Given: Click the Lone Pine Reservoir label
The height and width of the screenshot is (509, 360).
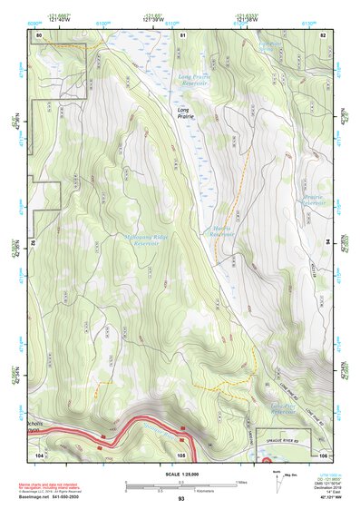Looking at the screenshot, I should pyautogui.click(x=284, y=409).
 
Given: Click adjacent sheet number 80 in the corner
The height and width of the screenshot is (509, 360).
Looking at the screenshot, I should pyautogui.click(x=39, y=34).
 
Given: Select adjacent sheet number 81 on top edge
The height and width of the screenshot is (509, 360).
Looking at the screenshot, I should pyautogui.click(x=182, y=34).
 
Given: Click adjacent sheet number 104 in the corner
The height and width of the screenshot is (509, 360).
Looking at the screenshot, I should pyautogui.click(x=39, y=454).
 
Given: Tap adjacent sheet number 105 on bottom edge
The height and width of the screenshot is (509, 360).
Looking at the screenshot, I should pyautogui.click(x=182, y=454).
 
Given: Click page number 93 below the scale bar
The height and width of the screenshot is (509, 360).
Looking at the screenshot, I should pyautogui.click(x=181, y=499).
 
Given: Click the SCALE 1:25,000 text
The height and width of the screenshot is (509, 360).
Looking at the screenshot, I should pyautogui.click(x=180, y=473).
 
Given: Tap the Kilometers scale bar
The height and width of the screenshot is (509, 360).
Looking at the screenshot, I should pyautogui.click(x=181, y=488).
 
